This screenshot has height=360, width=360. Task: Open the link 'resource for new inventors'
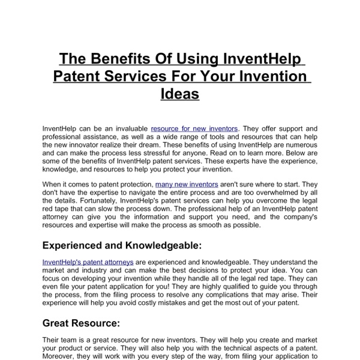(x=194, y=128)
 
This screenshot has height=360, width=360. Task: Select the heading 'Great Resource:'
(x=82, y=323)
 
